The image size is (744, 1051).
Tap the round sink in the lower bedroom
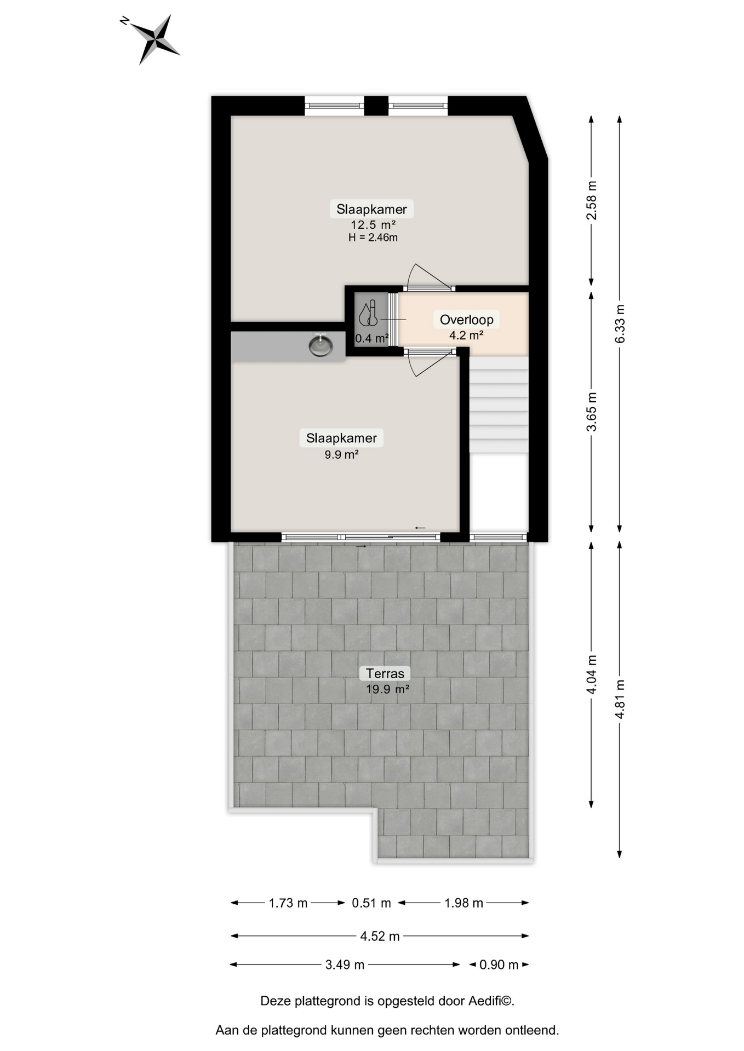coord(321,345)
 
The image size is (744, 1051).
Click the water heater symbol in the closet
coord(368,313)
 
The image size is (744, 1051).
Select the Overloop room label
coord(466,319)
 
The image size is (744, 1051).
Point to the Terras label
coord(385,673)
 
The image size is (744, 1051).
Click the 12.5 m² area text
coord(373,224)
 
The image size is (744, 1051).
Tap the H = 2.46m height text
coord(373,238)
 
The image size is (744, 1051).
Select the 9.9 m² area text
coord(341,454)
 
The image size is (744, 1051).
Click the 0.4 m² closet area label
coord(372,338)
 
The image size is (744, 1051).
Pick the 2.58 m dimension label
coord(592,200)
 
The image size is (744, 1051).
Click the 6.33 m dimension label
coord(620,324)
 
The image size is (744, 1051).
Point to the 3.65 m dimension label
coord(592,412)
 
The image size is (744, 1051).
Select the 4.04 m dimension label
coord(592,674)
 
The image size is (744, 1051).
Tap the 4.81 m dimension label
coord(620,700)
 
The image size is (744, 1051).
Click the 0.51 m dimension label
coord(371,903)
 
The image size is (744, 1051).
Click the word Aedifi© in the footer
coord(491,1001)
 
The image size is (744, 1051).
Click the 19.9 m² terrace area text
coord(387,689)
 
